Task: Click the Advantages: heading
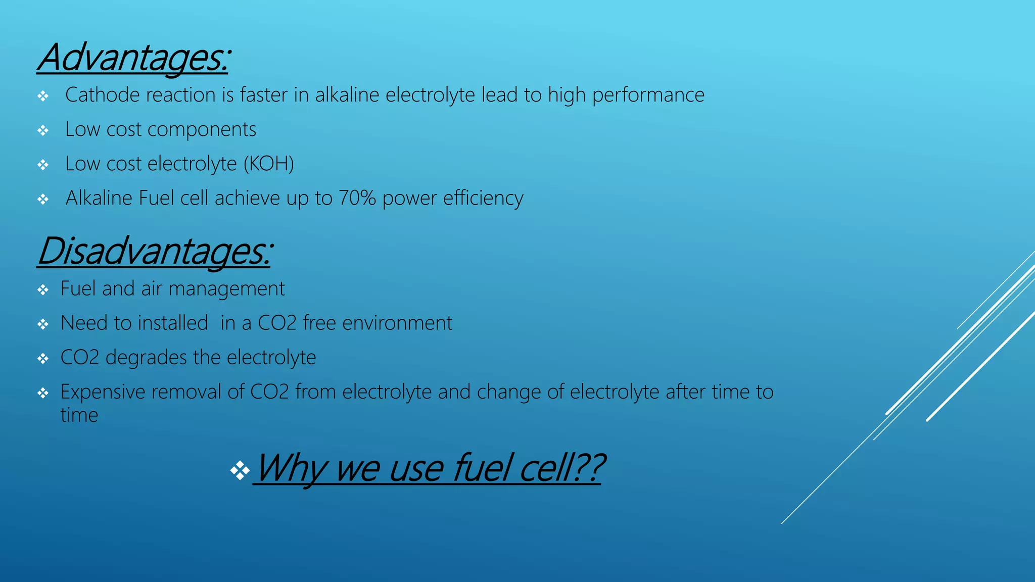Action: point(134,58)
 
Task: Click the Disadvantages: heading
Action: point(155,251)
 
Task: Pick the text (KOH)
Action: point(268,164)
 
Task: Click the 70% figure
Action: point(357,198)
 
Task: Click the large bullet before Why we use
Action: point(240,471)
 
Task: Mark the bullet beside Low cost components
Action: point(43,131)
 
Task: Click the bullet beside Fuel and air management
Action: point(43,290)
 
